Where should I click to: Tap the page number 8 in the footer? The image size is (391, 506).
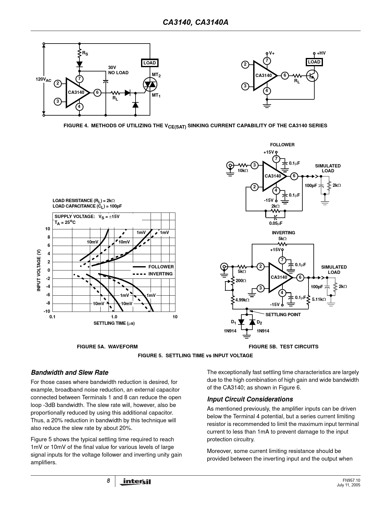coord(109,481)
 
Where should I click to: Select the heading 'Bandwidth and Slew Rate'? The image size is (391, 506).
coord(70,373)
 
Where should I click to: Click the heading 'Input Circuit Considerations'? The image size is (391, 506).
coord(250,399)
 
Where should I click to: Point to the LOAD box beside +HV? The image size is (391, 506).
coord(314,62)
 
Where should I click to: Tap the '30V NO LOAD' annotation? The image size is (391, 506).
coord(118,70)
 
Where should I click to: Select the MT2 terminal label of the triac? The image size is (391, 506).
coord(156,75)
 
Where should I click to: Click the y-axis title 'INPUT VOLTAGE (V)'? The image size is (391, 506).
coord(39,270)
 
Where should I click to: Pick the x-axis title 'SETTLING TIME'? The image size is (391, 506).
coord(114,323)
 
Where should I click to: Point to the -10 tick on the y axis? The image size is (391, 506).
coord(47,311)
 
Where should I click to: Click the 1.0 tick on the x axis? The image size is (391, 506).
coord(114,317)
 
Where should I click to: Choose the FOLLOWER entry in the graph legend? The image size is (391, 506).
coord(161,267)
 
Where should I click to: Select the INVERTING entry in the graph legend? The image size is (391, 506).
coord(160,274)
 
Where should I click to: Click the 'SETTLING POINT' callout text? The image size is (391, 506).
coord(283,315)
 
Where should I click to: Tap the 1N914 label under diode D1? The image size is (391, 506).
coord(230,331)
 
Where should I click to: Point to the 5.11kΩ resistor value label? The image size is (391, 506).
coord(319,299)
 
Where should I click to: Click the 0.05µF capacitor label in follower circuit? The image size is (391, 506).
coord(276,223)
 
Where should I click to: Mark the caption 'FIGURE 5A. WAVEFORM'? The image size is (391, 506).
coord(107,347)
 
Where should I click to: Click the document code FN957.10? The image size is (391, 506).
coord(351,480)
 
